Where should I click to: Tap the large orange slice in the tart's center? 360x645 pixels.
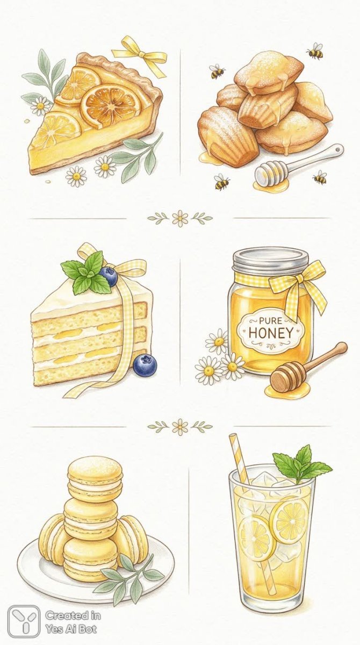tap(110, 105)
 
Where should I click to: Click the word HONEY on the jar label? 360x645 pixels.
tap(270, 333)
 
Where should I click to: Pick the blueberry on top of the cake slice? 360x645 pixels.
tap(109, 276)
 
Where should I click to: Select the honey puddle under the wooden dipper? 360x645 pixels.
tap(288, 389)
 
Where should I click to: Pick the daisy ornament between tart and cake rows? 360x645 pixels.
tap(180, 218)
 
